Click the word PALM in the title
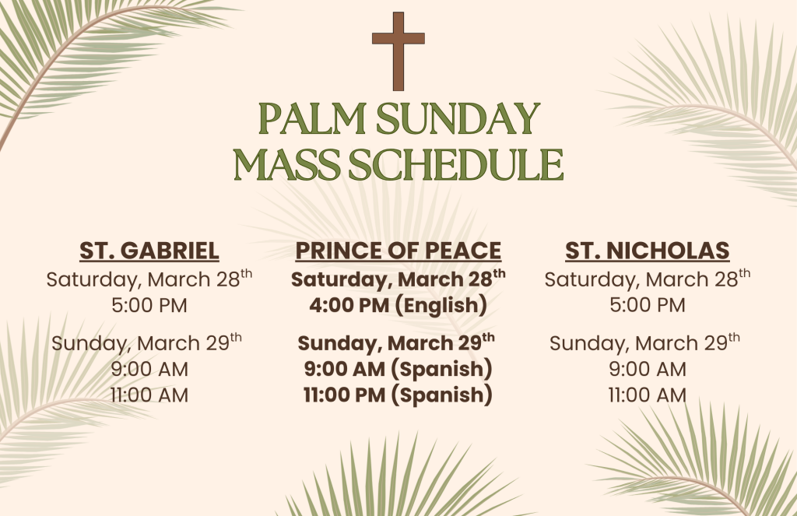pyautogui.click(x=312, y=119)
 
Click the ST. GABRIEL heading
pyautogui.click(x=149, y=251)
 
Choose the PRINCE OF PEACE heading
pyautogui.click(x=398, y=251)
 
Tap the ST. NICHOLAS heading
pyautogui.click(x=648, y=251)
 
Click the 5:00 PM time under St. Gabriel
pyautogui.click(x=149, y=306)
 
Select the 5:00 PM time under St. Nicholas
pyautogui.click(x=648, y=305)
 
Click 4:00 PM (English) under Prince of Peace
pyautogui.click(x=398, y=306)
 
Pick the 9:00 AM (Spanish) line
pyautogui.click(x=398, y=369)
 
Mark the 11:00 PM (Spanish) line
pyautogui.click(x=398, y=395)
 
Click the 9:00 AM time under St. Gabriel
pyautogui.click(x=149, y=369)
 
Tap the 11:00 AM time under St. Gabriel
pyautogui.click(x=149, y=395)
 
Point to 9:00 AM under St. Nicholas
pyautogui.click(x=648, y=369)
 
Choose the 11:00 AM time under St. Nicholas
pyautogui.click(x=648, y=395)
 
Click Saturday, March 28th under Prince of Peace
pyautogui.click(x=398, y=279)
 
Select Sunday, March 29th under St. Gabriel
pyautogui.click(x=147, y=342)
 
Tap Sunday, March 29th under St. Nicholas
pyautogui.click(x=645, y=342)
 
